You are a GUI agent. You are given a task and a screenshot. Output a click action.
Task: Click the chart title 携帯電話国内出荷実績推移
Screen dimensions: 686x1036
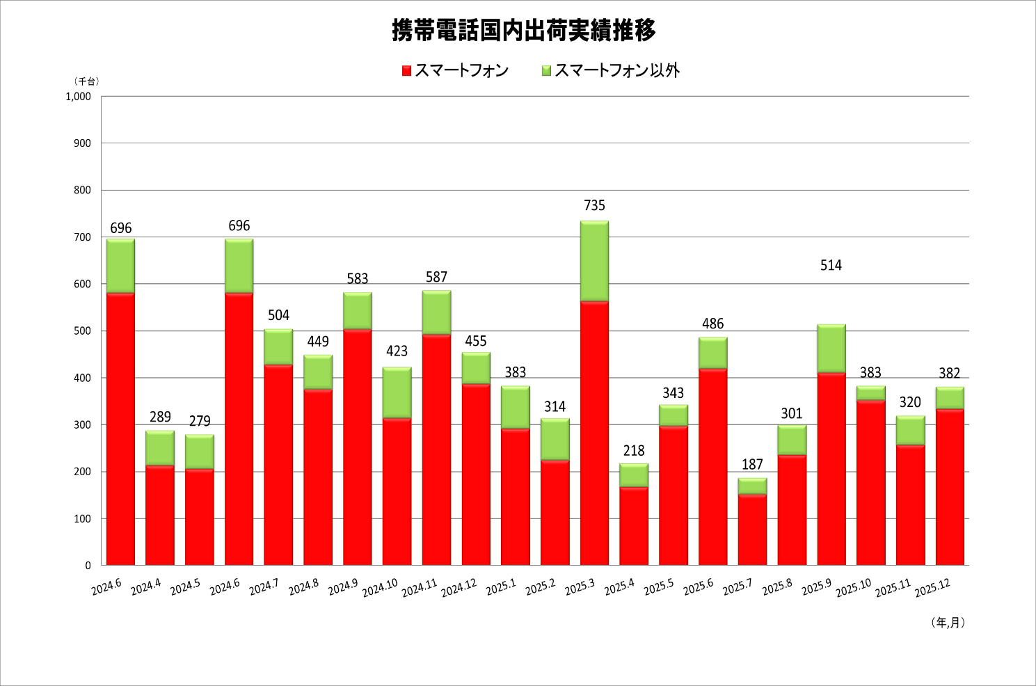(523, 31)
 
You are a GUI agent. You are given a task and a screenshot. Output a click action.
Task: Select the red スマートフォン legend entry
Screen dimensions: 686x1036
(456, 70)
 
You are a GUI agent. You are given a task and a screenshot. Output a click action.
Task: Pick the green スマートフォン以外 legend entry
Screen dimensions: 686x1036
(611, 70)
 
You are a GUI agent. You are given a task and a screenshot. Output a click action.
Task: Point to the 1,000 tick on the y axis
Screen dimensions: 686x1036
(78, 97)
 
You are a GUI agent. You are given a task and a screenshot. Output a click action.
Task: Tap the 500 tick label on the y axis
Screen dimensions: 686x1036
(82, 331)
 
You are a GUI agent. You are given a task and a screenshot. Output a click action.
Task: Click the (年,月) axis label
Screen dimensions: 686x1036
(948, 623)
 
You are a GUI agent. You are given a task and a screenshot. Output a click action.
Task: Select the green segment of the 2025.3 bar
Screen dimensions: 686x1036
(594, 261)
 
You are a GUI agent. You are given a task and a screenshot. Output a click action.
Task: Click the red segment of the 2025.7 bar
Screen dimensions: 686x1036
(752, 529)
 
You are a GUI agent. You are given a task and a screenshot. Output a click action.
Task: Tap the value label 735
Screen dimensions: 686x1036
(594, 205)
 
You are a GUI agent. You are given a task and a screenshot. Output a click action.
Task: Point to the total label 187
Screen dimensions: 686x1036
(752, 464)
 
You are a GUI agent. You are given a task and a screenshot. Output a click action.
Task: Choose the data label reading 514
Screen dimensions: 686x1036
(831, 265)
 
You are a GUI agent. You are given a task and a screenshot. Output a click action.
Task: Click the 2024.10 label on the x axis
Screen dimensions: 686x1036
(380, 588)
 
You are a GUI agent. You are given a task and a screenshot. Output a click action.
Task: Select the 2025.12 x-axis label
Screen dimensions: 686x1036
(932, 588)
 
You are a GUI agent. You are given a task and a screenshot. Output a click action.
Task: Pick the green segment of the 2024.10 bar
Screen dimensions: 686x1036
(397, 392)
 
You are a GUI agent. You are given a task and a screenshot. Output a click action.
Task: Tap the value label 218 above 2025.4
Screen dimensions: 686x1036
(634, 451)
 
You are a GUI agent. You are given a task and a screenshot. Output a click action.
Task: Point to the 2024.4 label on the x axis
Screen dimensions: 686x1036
(146, 587)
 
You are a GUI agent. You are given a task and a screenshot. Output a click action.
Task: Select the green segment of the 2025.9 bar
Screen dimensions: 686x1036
(831, 348)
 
